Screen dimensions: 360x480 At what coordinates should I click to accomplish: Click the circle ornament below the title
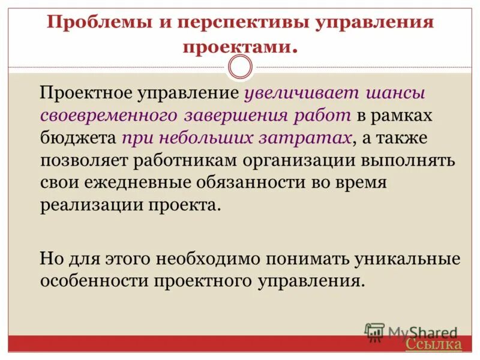241,67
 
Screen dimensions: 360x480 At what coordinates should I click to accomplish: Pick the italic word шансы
397,94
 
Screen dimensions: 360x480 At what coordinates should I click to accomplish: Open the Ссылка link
433,344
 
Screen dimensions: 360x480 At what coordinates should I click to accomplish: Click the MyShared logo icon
374,332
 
